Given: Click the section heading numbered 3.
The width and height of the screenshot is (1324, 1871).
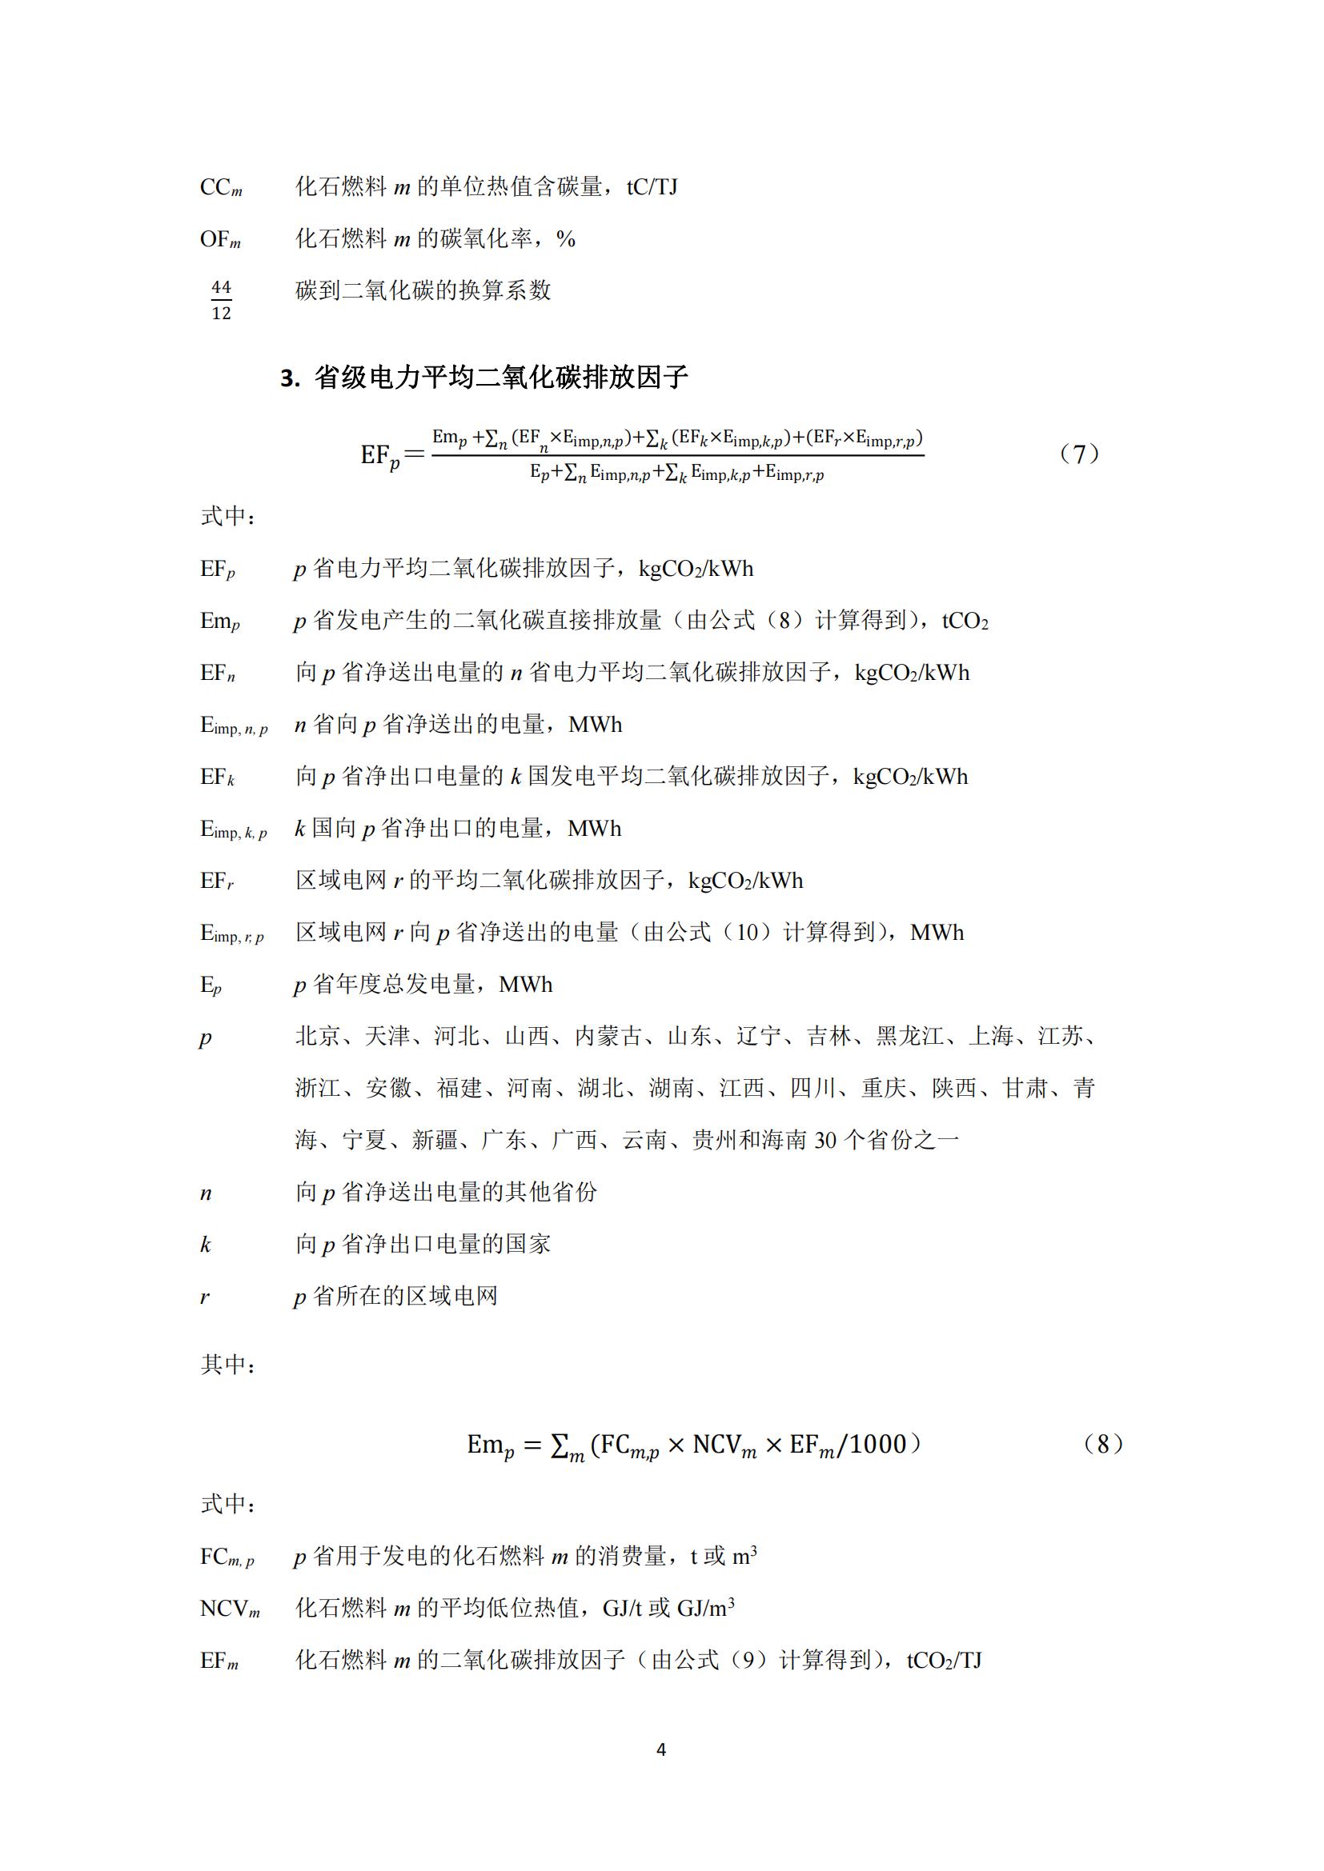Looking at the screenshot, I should [x=484, y=378].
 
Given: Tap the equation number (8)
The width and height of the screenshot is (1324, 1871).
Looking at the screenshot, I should [x=1102, y=1444].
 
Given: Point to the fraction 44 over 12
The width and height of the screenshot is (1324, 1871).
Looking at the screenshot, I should [x=221, y=300].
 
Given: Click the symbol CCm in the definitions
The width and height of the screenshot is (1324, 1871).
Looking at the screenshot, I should [x=221, y=187].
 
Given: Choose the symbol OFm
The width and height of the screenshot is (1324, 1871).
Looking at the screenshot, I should [x=220, y=240].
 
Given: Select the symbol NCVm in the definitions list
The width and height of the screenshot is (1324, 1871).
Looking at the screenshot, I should [x=230, y=1609].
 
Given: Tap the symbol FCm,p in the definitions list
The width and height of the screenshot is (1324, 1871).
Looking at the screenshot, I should [x=227, y=1557].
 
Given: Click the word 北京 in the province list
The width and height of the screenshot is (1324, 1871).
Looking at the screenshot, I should [x=317, y=1036].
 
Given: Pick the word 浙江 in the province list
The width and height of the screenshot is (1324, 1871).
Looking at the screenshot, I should [x=317, y=1088].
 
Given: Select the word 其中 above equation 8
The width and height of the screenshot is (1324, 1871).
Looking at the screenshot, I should [x=223, y=1364].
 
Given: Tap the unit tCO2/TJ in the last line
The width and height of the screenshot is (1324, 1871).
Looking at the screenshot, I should [x=944, y=1660].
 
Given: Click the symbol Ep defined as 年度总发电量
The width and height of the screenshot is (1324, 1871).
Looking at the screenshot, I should [x=211, y=985].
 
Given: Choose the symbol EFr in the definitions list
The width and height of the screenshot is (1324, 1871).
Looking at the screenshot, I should [x=217, y=881].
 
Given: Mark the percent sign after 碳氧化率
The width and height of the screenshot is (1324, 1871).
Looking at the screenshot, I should [x=566, y=240].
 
